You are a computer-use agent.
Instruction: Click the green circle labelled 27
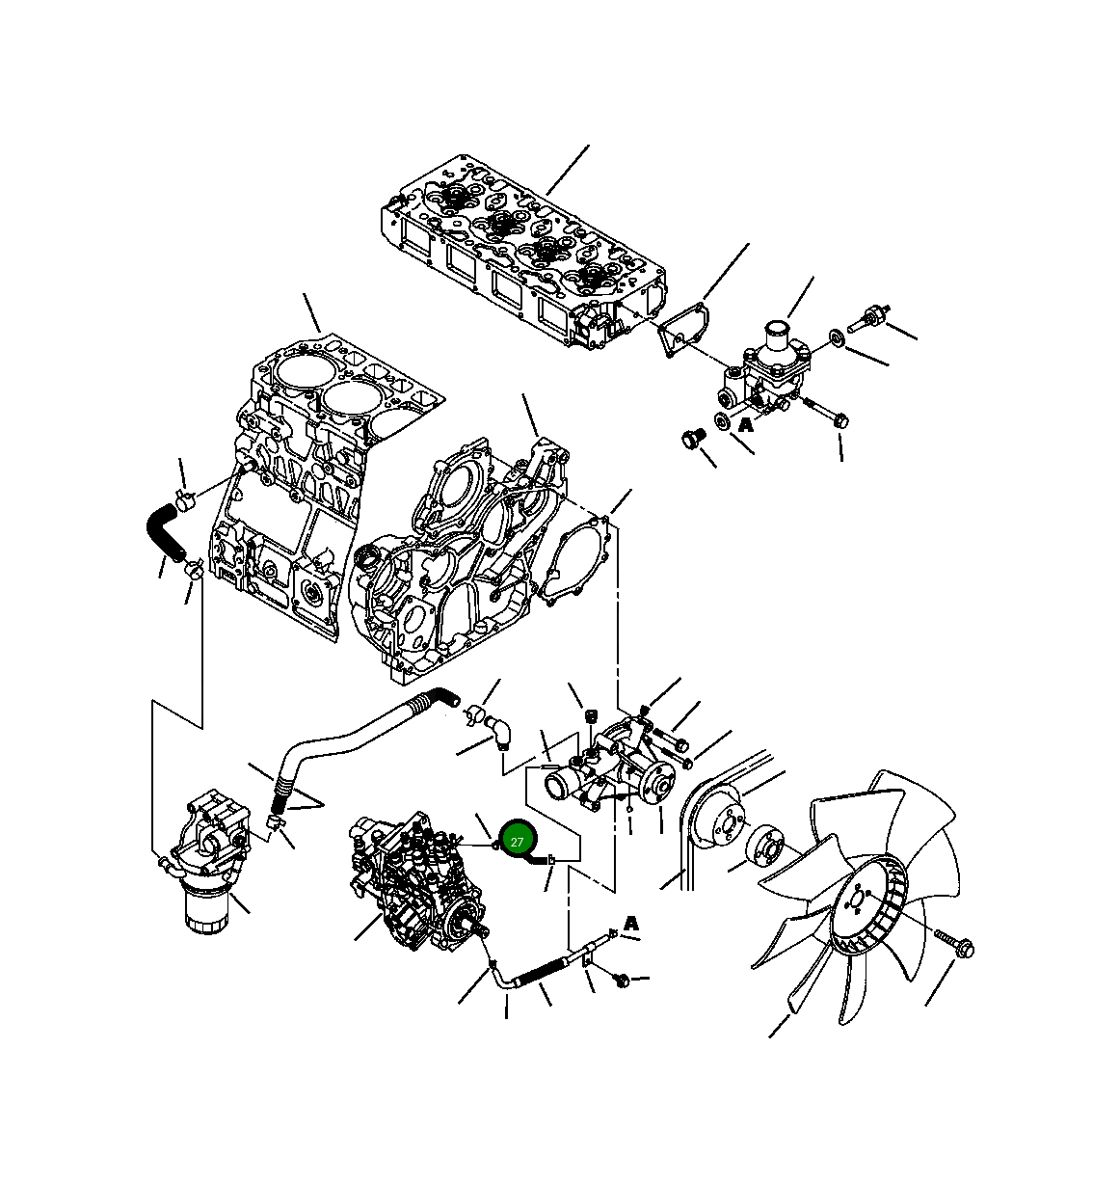pos(517,842)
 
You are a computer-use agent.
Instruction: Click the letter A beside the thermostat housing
pos(745,423)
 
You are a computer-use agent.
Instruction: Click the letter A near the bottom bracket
pos(631,924)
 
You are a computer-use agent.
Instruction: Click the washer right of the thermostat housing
pos(836,338)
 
